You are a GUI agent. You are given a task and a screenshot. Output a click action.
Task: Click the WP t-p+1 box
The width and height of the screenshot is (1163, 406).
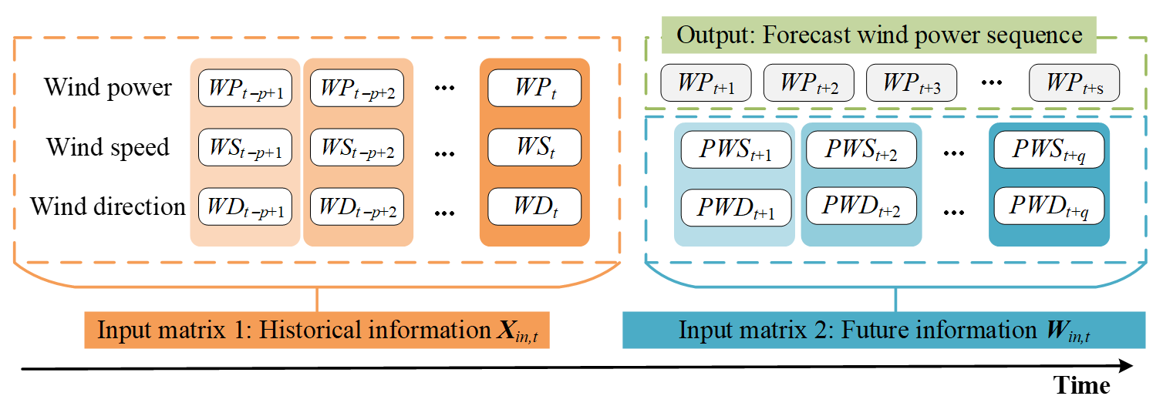(x=245, y=88)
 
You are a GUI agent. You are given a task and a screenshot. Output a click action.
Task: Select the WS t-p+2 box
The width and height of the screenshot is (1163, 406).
(x=356, y=147)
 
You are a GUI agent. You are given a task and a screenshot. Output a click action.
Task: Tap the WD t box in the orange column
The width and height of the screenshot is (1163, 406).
(x=534, y=206)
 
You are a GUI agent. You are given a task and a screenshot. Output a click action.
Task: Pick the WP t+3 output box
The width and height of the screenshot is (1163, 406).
(x=912, y=82)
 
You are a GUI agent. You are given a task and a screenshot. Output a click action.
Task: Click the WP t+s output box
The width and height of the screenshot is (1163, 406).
(x=1074, y=82)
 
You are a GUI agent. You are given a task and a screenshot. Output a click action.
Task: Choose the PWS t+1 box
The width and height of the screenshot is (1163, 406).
(x=737, y=149)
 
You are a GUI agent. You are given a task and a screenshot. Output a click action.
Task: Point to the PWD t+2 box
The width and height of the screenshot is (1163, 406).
(x=861, y=206)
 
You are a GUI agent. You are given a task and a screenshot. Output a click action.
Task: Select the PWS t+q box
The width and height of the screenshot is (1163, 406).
(x=1050, y=149)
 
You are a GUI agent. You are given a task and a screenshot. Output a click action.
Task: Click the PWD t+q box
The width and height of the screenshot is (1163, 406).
(x=1050, y=206)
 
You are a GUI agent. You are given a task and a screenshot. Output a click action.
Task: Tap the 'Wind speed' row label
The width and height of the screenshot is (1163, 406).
(x=108, y=147)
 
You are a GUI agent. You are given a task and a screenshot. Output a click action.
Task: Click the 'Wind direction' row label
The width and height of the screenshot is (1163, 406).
(x=108, y=206)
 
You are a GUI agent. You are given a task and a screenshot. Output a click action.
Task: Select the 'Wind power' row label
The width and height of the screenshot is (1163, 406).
(x=108, y=87)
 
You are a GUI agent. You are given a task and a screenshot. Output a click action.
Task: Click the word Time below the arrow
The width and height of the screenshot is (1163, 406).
(x=1081, y=386)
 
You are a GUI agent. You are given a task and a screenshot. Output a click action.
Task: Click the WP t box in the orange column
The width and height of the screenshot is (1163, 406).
(x=534, y=88)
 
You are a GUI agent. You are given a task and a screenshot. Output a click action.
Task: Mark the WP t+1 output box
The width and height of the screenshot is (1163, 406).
(x=706, y=82)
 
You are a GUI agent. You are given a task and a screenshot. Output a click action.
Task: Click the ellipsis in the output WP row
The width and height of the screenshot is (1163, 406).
(x=992, y=83)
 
